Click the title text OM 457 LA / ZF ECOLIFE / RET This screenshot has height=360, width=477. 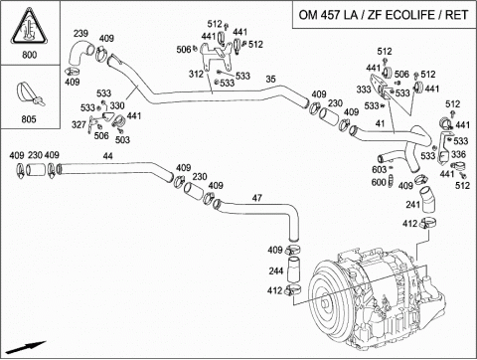point(384,15)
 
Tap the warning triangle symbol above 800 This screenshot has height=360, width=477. point(29,27)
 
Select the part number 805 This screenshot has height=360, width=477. point(29,119)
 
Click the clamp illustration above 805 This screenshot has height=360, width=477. point(30,93)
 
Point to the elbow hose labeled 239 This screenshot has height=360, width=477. point(81,52)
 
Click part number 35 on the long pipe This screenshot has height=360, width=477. point(270,80)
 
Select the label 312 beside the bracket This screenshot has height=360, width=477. point(196,74)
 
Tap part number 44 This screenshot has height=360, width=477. point(107,156)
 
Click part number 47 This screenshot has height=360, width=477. point(256,198)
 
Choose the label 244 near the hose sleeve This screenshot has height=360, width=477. point(276,270)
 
